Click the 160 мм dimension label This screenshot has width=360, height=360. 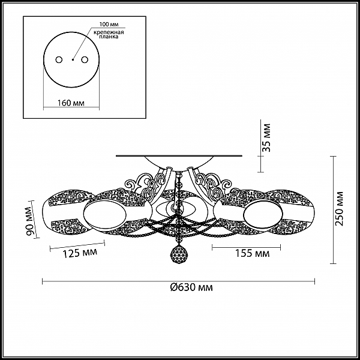pos(71,103)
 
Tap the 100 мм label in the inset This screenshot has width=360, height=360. pos(109,24)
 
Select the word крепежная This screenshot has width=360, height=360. pos(109,32)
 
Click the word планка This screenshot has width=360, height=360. pos(109,37)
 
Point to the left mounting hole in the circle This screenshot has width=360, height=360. pos(59,59)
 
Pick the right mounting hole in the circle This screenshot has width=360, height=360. pos(85,59)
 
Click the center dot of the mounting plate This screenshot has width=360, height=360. pos(73,60)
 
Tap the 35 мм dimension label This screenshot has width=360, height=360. pos(266,138)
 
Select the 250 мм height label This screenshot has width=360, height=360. pos(339,208)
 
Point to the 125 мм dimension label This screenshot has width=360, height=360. pos(80,253)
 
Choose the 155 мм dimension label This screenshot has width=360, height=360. pos(253,253)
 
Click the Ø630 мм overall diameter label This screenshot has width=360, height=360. pos(191,287)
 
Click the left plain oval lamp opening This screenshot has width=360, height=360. pos(105,214)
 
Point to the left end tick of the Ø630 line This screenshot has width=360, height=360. pos(43,281)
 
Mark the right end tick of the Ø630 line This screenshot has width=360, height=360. pos(314,281)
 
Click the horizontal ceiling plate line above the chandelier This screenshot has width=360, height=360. pos(179,156)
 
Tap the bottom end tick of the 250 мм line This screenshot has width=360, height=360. pos(333,264)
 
